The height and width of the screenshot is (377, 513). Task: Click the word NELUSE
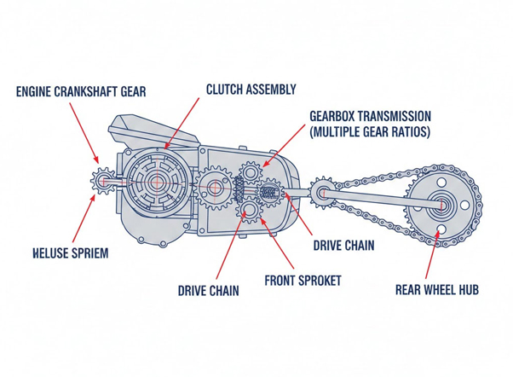(x=38, y=253)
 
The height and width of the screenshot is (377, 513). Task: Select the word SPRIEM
(x=87, y=253)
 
